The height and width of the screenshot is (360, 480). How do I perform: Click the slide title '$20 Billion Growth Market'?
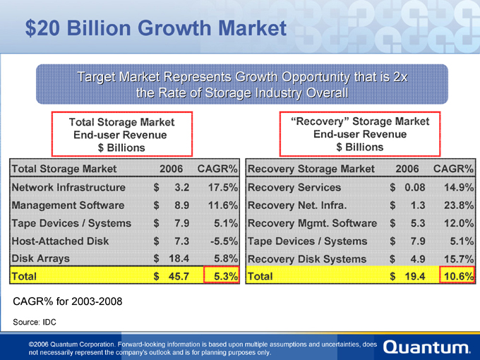click(x=156, y=29)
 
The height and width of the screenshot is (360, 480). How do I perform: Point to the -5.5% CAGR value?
click(x=222, y=241)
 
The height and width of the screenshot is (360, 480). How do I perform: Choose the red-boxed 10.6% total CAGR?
click(x=457, y=276)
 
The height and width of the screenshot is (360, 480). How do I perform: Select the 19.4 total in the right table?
click(x=413, y=276)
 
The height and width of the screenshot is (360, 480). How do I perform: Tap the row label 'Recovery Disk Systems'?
click(x=307, y=258)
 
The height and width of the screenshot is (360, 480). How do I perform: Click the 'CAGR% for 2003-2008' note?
click(x=68, y=302)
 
